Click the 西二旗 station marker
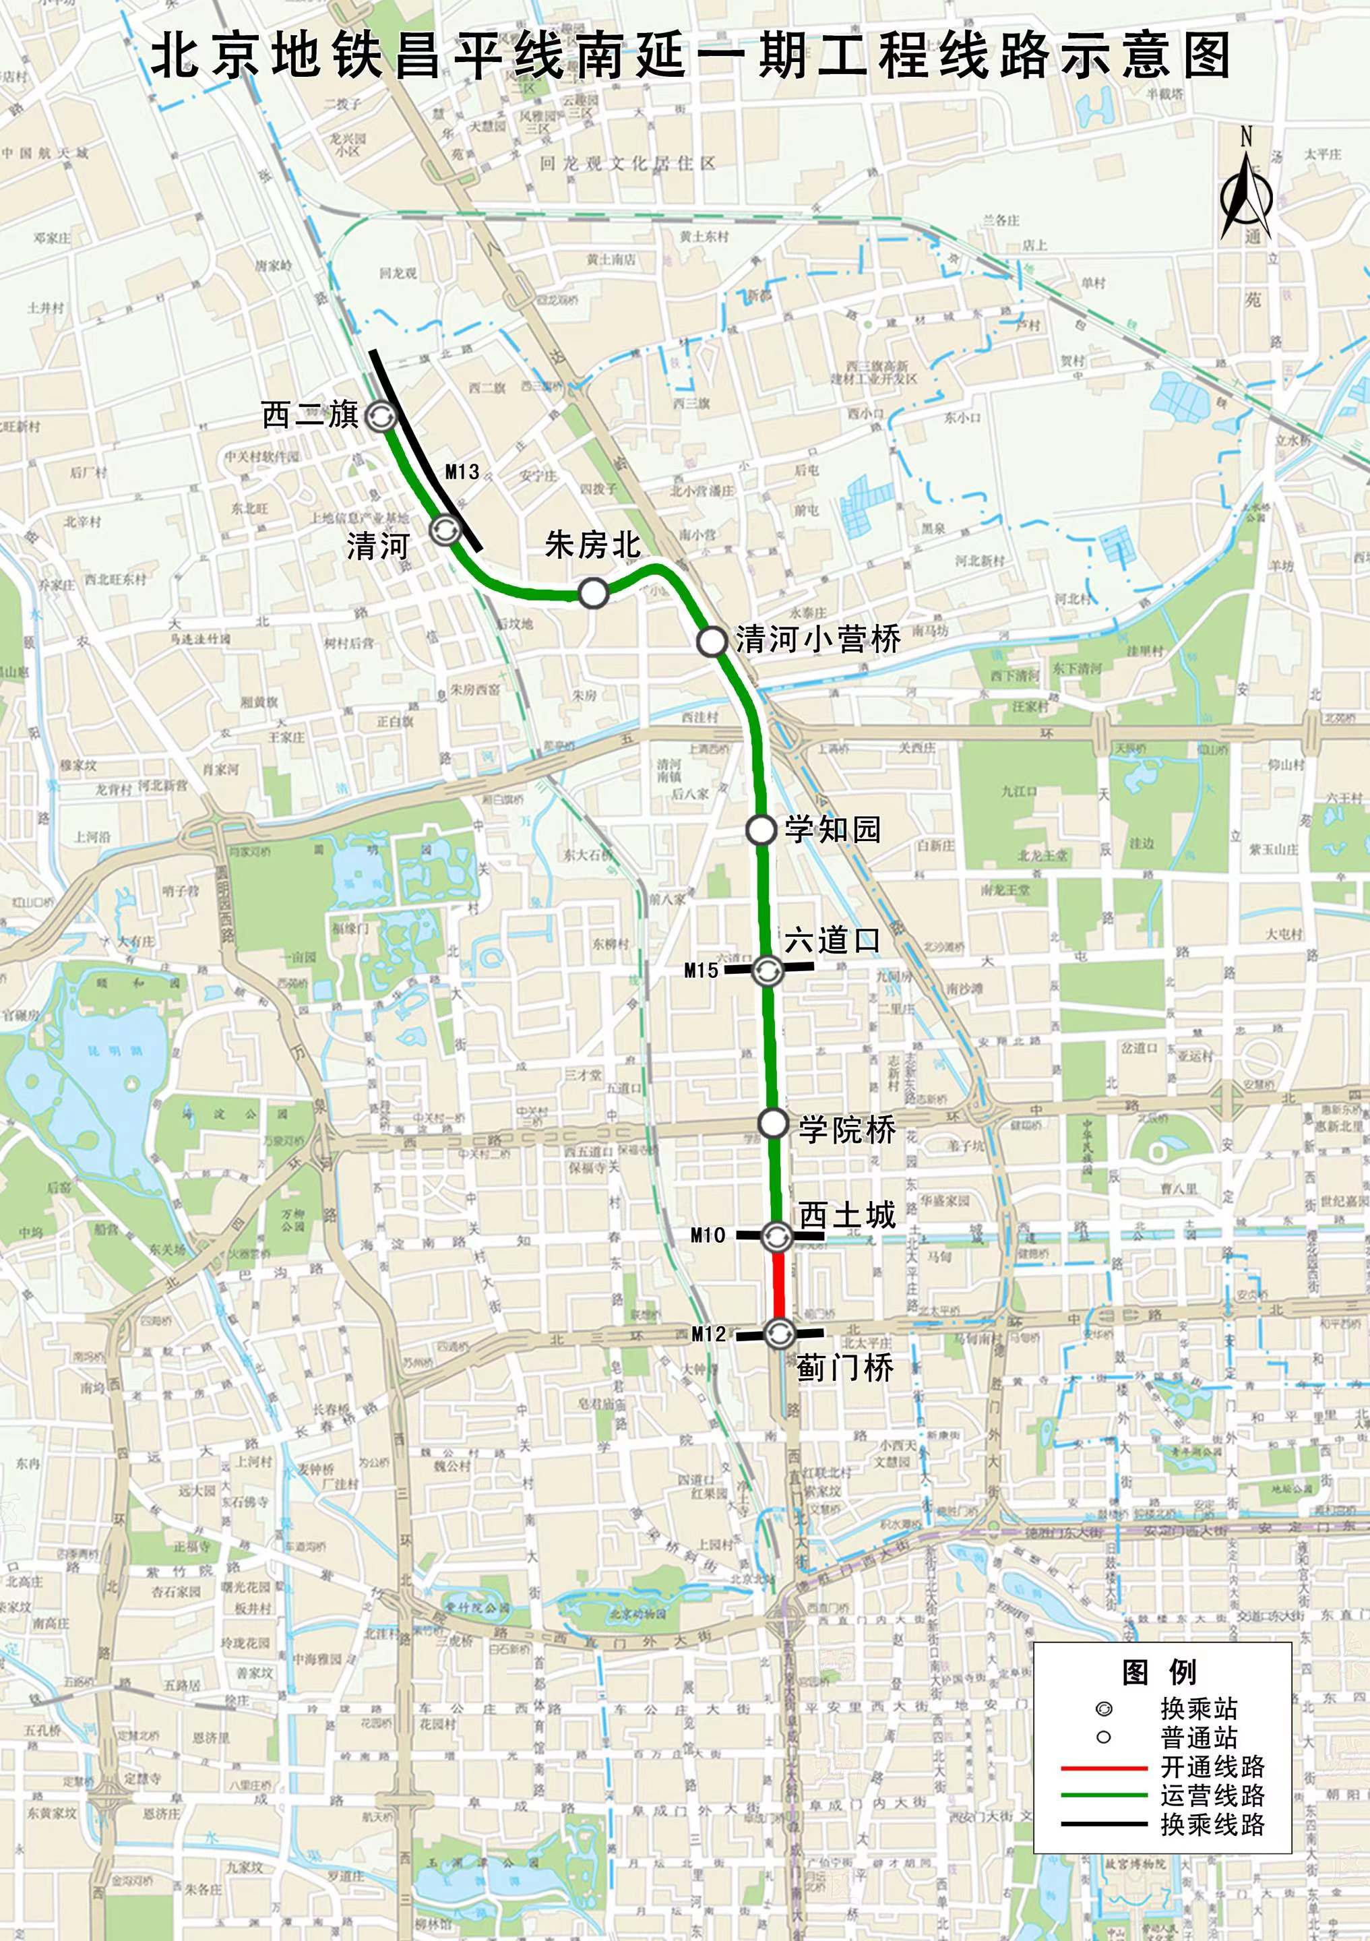tap(379, 416)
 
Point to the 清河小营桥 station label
tap(818, 639)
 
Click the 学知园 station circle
tap(761, 830)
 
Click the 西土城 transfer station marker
tap(777, 1237)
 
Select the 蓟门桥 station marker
tap(778, 1333)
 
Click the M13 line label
tap(462, 472)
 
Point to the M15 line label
tap(702, 970)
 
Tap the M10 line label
tap(708, 1236)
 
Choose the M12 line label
tap(708, 1334)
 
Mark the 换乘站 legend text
tap(1198, 1708)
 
